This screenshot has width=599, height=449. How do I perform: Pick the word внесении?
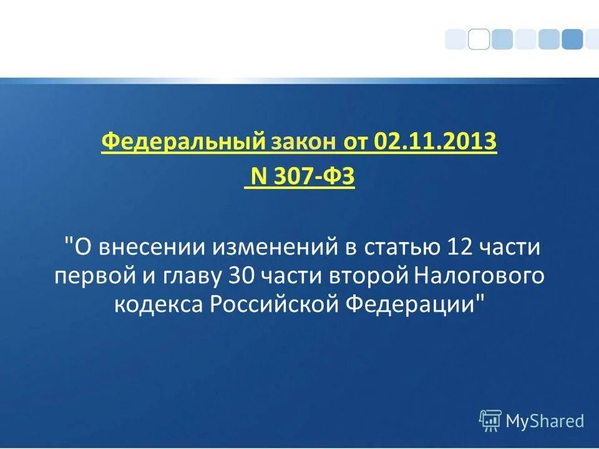152,248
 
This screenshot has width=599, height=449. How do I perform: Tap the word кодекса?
158,305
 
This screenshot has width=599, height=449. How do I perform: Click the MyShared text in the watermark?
545,421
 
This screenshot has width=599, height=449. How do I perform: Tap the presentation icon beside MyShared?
490,421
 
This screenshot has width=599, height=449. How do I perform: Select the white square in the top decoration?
479,39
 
